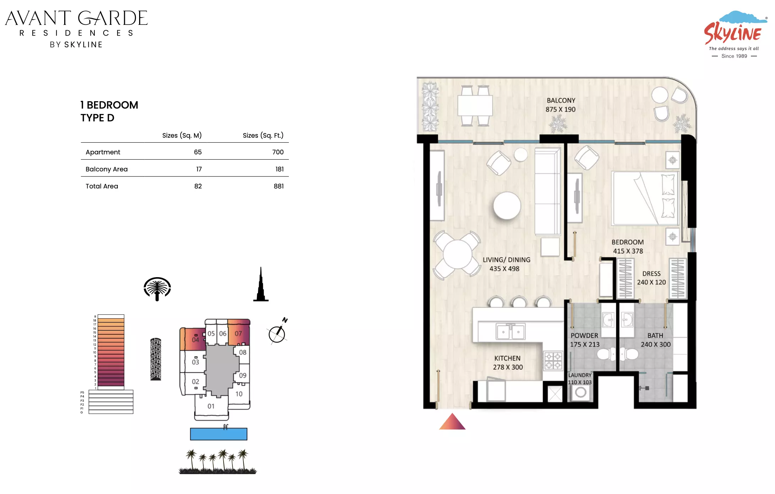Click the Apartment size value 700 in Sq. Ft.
click(x=278, y=152)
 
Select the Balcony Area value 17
click(x=199, y=169)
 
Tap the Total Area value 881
click(x=279, y=186)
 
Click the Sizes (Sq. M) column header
click(x=182, y=135)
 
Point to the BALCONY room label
click(x=561, y=100)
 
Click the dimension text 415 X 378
click(x=628, y=251)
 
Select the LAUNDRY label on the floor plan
click(x=580, y=375)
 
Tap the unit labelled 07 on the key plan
click(x=238, y=334)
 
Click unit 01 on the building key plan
click(x=211, y=406)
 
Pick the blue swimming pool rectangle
click(x=219, y=434)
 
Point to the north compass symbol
click(x=277, y=332)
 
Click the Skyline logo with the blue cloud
click(x=735, y=34)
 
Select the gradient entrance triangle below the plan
click(x=452, y=422)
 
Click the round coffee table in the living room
click(x=507, y=205)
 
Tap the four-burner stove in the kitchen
click(x=553, y=361)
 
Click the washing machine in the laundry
click(x=581, y=393)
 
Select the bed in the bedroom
click(x=645, y=198)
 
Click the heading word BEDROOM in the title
click(x=112, y=105)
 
